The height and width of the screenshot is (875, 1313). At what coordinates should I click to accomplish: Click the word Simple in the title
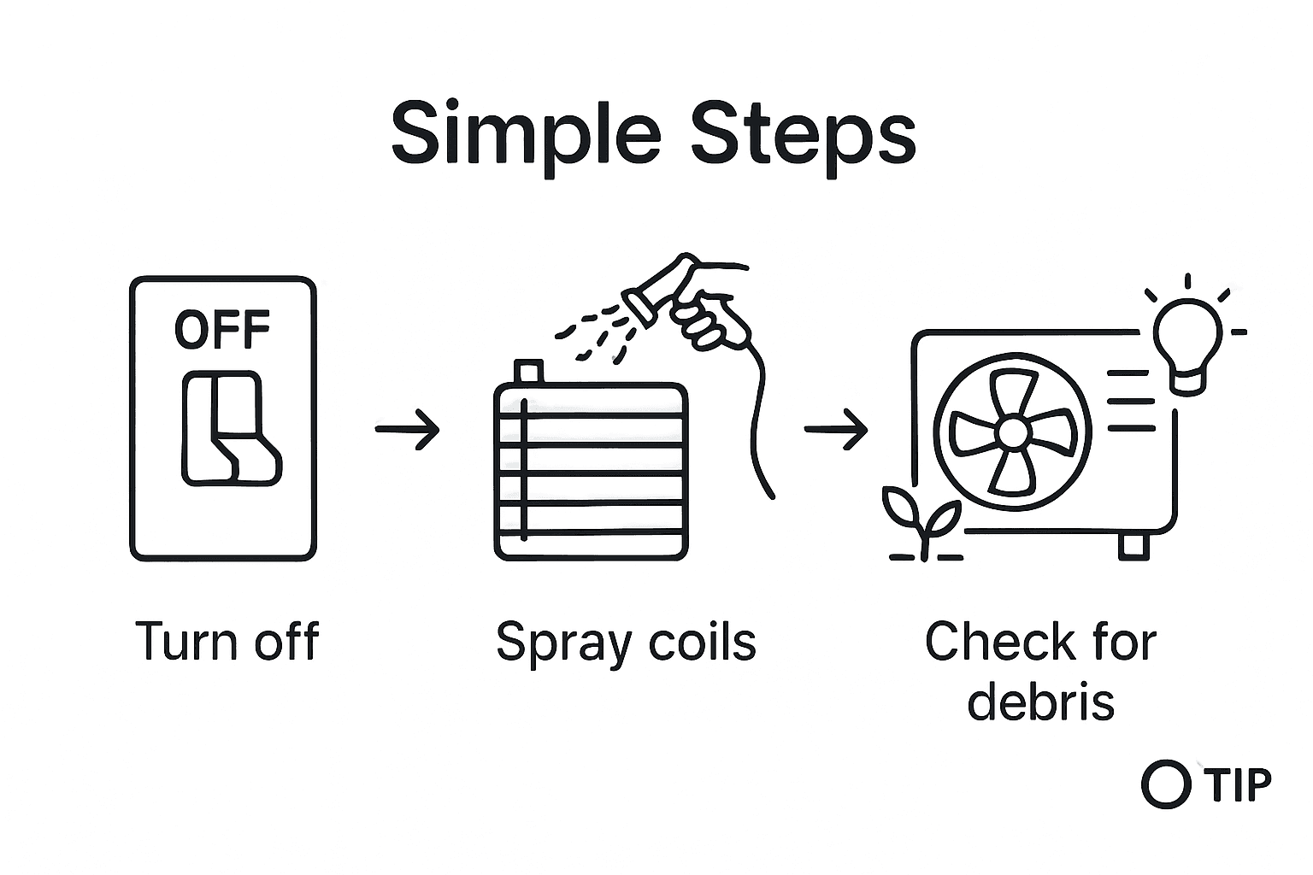click(x=525, y=135)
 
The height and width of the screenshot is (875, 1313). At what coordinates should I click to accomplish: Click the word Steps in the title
click(x=804, y=135)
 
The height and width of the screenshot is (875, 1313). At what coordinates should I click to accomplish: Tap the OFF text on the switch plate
click(x=222, y=329)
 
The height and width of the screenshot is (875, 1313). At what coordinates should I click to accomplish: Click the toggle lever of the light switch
click(x=231, y=428)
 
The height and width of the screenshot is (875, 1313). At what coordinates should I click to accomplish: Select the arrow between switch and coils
click(x=407, y=428)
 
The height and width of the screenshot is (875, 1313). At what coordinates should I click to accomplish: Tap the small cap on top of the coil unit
click(x=529, y=372)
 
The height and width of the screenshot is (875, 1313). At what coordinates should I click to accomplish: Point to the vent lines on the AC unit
click(x=1130, y=400)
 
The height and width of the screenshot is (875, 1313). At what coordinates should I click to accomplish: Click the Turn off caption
click(x=227, y=641)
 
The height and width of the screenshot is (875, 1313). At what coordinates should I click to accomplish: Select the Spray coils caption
click(x=626, y=641)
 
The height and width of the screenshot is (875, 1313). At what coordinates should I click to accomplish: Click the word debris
click(x=1040, y=702)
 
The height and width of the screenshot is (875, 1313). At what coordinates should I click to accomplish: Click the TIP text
click(x=1238, y=784)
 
